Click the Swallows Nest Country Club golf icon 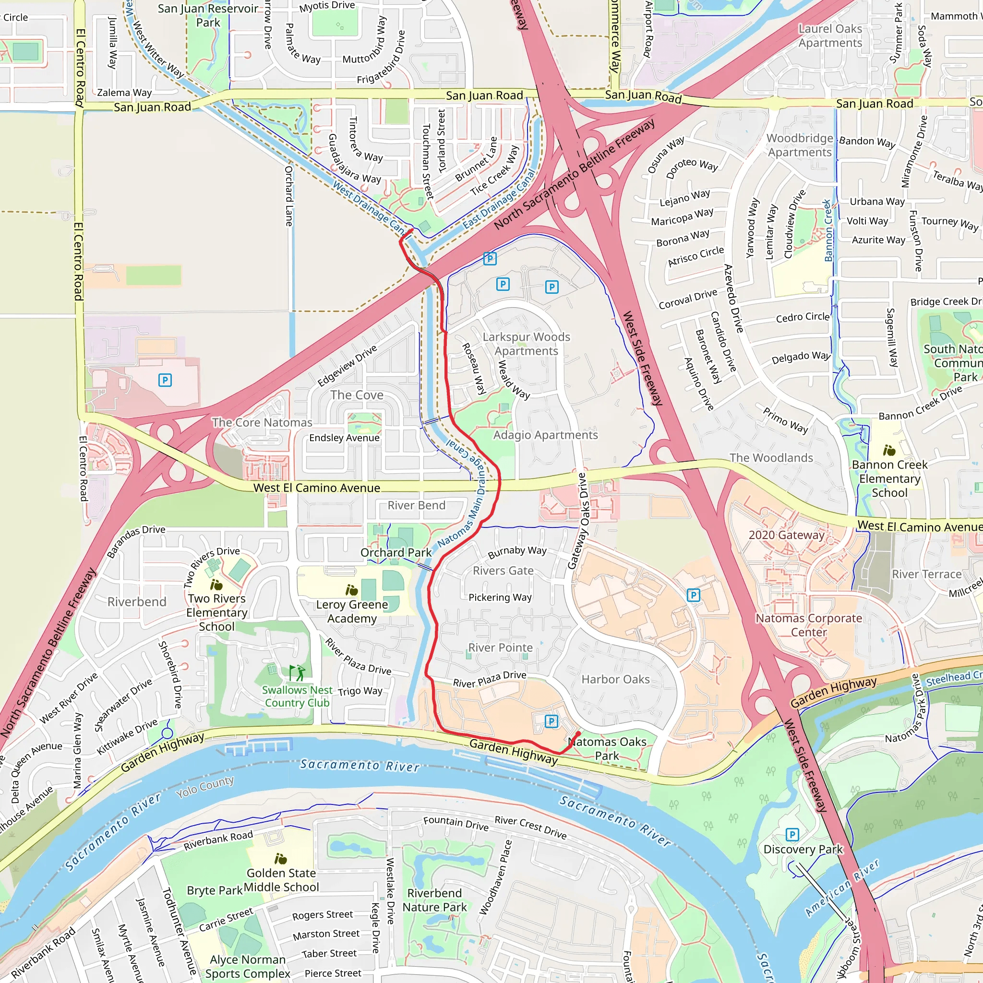point(297,672)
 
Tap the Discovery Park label point(803,849)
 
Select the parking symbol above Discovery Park point(791,834)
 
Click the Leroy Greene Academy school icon point(351,590)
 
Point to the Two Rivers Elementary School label point(217,612)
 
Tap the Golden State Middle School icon point(280,859)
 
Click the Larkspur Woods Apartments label point(526,344)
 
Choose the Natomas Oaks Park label point(607,748)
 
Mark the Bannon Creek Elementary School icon point(889,450)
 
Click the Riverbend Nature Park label point(434,900)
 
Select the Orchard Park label point(396,552)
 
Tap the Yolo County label point(205,787)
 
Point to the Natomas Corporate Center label point(808,625)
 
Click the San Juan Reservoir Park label point(208,15)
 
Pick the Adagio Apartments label point(545,435)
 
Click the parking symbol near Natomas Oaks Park point(551,720)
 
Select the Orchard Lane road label point(289,196)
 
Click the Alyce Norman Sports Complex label point(248,966)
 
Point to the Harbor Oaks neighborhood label point(615,679)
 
